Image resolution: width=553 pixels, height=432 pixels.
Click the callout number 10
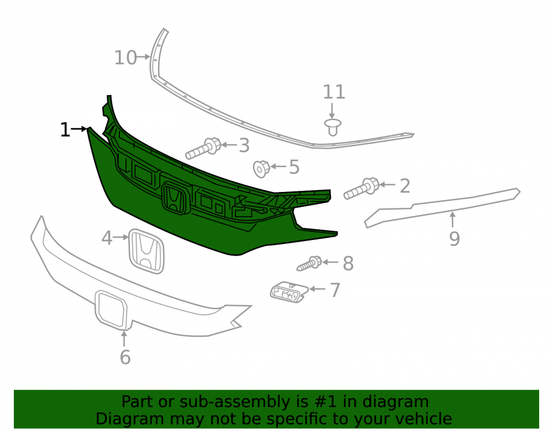[126, 58]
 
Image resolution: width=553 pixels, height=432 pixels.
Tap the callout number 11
[334, 92]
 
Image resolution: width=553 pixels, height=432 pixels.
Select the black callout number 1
[65, 130]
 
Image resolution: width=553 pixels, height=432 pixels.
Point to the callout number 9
[455, 239]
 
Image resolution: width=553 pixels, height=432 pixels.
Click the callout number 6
[125, 357]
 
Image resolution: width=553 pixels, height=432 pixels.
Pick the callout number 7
[335, 290]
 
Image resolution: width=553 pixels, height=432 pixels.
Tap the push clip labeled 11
[332, 127]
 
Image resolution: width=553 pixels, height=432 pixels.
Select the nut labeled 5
[262, 169]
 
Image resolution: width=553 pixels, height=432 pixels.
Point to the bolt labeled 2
[362, 189]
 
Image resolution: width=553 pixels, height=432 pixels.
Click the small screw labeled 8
[309, 263]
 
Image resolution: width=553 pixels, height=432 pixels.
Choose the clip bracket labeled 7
[289, 292]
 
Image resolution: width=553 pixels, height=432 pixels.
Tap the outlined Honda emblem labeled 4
[147, 251]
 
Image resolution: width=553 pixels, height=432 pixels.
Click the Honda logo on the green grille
[174, 199]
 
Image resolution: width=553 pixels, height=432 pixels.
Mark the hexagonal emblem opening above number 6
[111, 309]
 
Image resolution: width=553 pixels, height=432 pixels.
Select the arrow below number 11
[332, 111]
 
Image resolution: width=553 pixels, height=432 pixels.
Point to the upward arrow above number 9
[452, 220]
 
